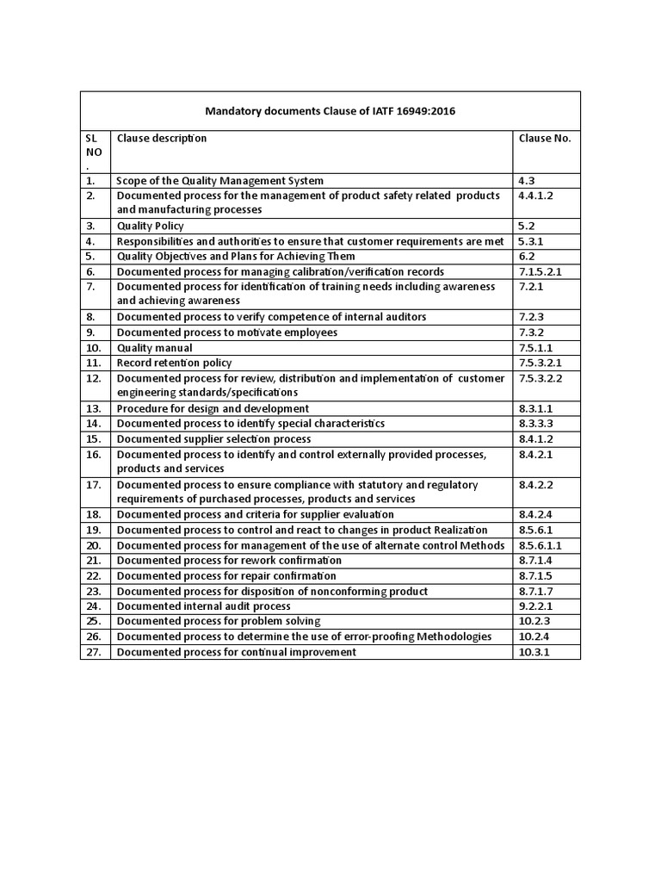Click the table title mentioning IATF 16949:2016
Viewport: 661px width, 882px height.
tap(330, 110)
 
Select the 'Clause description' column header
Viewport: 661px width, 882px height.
tap(162, 138)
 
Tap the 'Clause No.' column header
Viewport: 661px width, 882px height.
tap(544, 138)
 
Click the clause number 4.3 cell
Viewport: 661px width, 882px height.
tap(527, 181)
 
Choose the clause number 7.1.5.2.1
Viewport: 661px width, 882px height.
tap(541, 271)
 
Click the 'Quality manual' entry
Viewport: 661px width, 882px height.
tap(155, 348)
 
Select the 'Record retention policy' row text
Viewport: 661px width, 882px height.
tap(174, 363)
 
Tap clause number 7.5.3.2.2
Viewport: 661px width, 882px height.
tap(541, 378)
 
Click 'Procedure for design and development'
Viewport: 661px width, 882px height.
tap(213, 408)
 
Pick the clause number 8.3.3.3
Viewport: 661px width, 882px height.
tap(535, 424)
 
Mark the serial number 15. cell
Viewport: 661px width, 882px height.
tap(94, 439)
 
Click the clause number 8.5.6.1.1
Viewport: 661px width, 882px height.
tap(541, 545)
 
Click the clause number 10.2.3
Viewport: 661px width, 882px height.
tap(533, 621)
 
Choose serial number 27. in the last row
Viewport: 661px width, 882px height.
tap(94, 652)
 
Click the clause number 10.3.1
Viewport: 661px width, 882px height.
tap(533, 652)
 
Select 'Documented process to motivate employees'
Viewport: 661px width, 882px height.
tap(227, 332)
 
